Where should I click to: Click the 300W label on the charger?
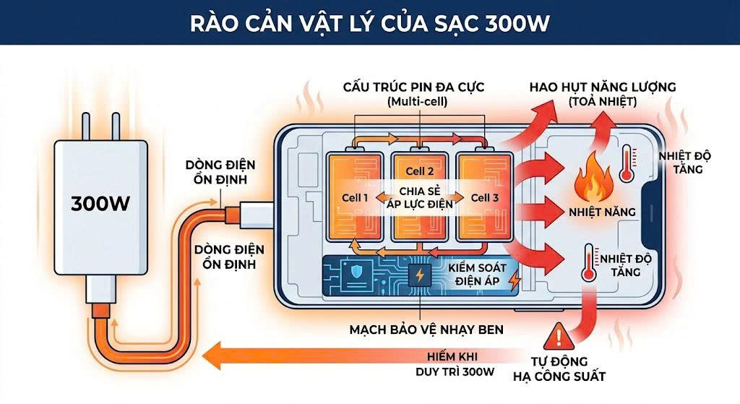coord(100,203)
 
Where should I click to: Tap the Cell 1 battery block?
coord(355,197)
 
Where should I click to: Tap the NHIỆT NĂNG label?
coord(602,212)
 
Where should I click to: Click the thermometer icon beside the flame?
coord(626,163)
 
